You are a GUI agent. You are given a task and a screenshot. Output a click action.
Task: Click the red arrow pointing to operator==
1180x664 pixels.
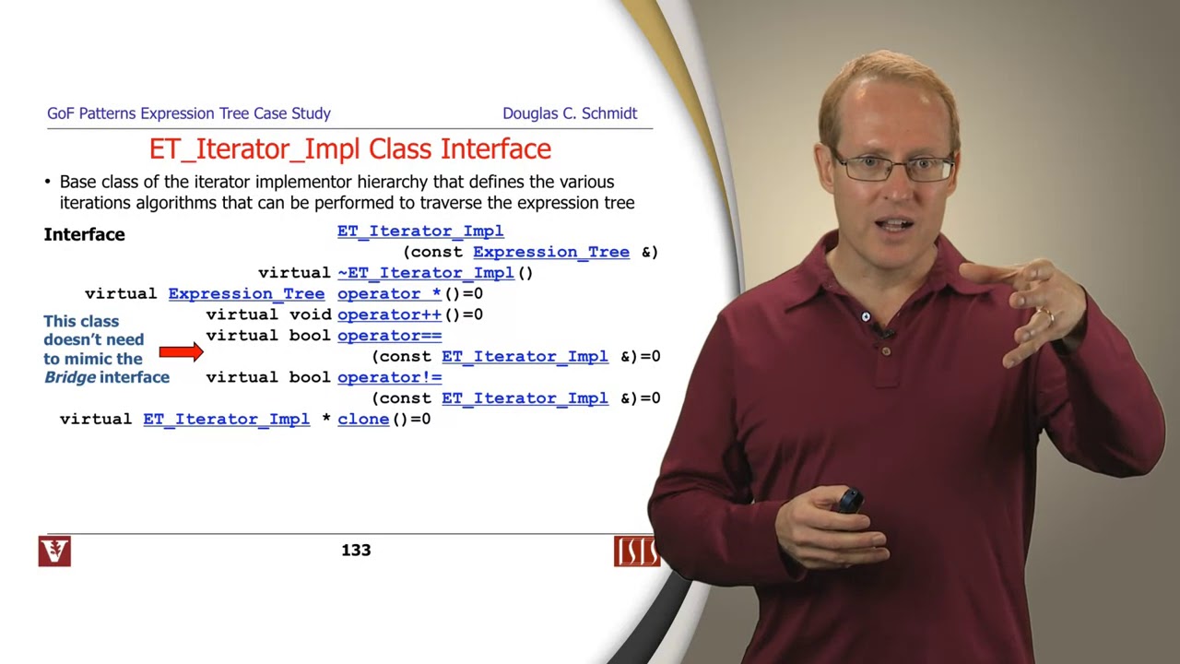tap(181, 351)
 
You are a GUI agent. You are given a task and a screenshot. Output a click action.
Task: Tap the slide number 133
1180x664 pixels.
tap(356, 551)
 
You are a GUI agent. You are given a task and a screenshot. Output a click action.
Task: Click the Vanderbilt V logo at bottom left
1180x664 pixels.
tap(54, 551)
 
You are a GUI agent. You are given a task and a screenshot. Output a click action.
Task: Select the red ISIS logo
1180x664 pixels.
tap(636, 551)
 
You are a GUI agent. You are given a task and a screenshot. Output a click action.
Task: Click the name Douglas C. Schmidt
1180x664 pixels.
tap(570, 113)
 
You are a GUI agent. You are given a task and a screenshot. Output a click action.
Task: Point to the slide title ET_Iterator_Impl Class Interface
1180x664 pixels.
tap(350, 148)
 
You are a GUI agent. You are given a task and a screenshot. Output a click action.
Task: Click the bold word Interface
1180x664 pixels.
tap(84, 234)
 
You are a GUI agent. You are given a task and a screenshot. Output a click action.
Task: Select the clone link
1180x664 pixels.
tap(363, 419)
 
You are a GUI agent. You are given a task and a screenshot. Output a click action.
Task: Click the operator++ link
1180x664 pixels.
tap(389, 314)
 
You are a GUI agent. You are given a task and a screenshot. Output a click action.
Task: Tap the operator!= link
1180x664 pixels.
tap(389, 377)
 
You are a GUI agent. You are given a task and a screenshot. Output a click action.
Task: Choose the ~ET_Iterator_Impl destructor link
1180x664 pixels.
tap(425, 273)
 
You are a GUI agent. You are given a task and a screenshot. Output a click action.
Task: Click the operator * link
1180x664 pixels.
tap(389, 294)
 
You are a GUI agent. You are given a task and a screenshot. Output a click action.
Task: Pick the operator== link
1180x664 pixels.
tap(389, 336)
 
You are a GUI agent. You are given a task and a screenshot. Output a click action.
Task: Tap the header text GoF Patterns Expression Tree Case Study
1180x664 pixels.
tap(189, 113)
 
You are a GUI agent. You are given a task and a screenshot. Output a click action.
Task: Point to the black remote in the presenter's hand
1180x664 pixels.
tap(849, 501)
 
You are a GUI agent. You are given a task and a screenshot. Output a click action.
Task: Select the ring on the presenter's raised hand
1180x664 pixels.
tap(1047, 314)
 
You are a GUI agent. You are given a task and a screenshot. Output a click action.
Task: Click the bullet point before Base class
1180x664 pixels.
tap(48, 182)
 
